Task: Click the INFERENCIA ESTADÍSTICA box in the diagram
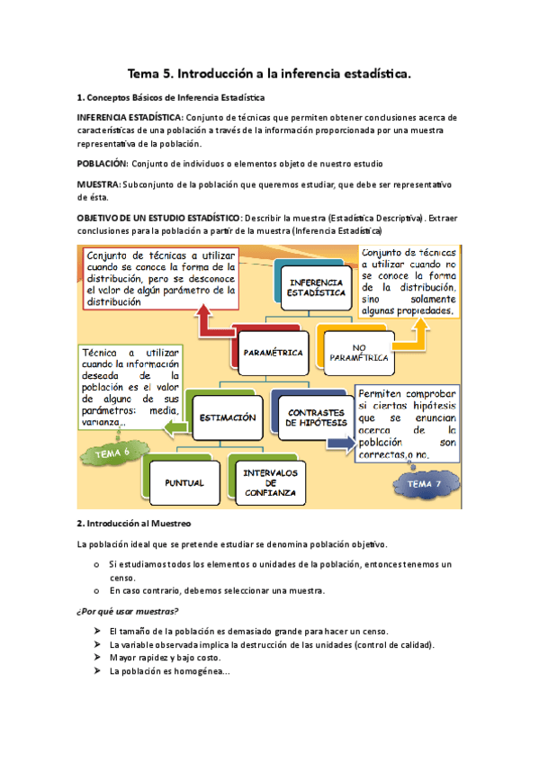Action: click(315, 287)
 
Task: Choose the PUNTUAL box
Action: click(184, 482)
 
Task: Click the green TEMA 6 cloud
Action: click(113, 453)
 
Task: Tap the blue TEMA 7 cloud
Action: click(425, 484)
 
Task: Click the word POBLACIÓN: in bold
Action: click(103, 164)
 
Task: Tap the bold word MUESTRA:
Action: click(99, 184)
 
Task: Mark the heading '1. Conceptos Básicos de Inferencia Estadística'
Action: click(171, 97)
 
